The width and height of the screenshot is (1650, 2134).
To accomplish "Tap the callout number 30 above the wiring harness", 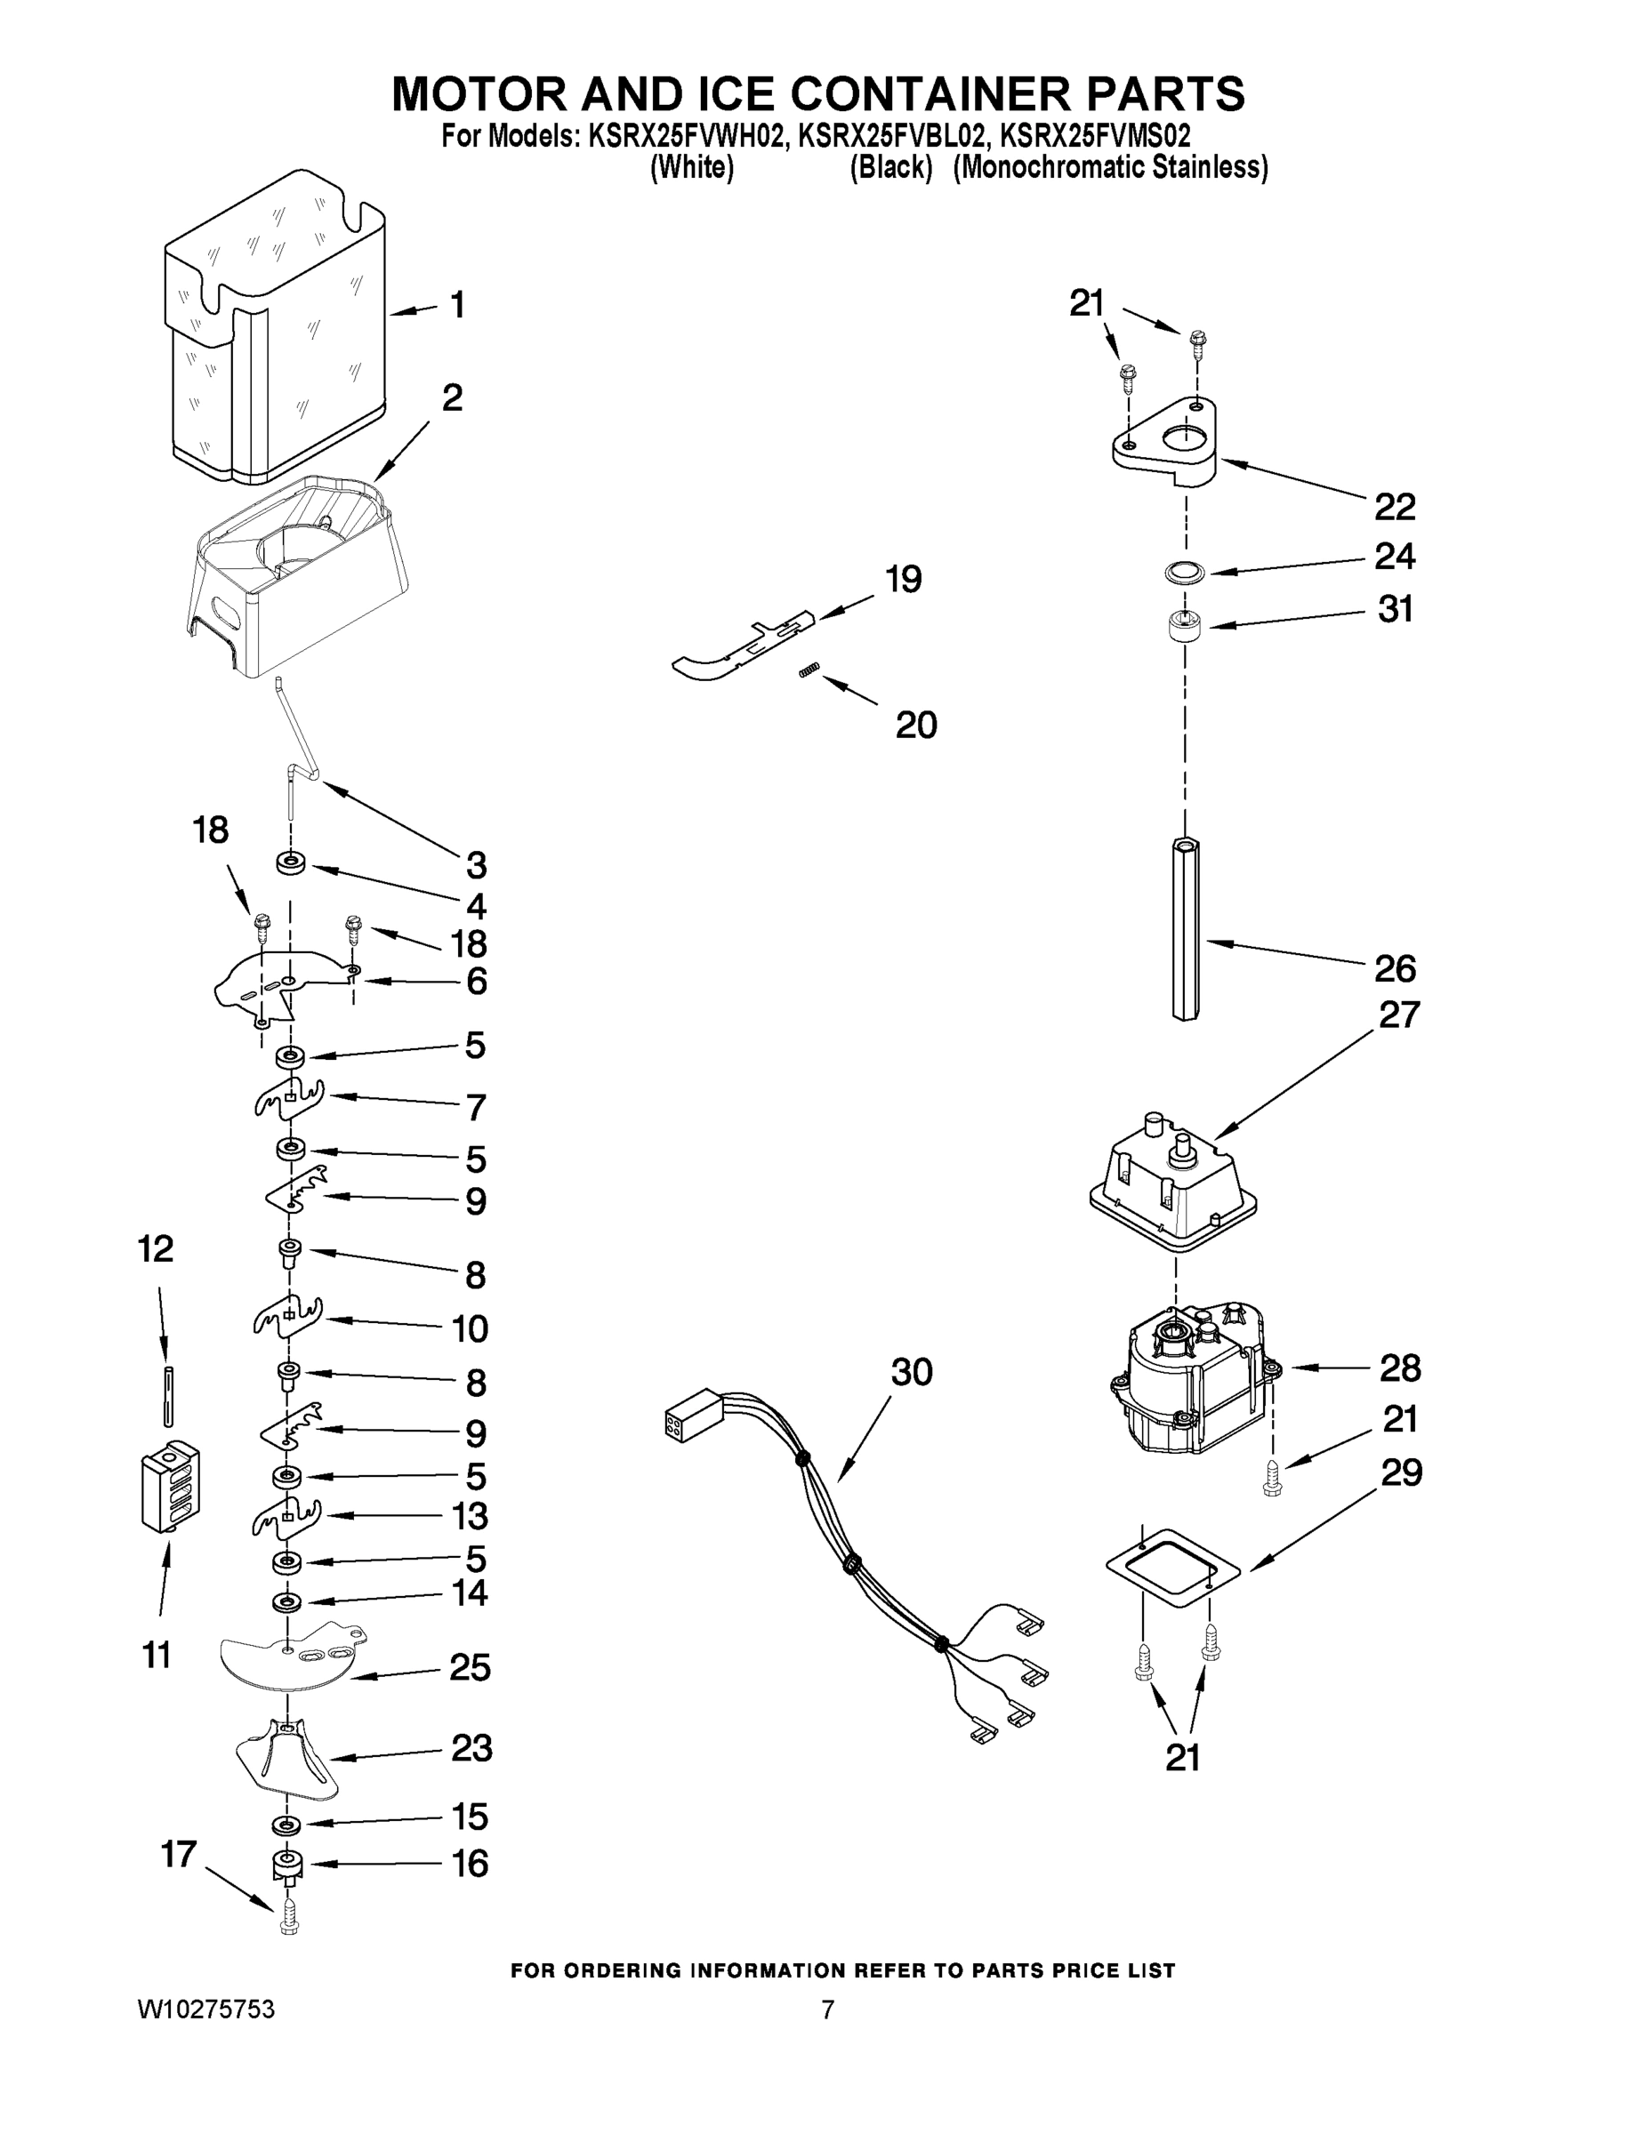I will pos(911,1372).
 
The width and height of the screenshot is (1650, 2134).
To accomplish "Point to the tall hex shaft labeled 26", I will pos(1185,928).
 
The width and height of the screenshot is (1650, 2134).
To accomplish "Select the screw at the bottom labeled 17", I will pos(288,1915).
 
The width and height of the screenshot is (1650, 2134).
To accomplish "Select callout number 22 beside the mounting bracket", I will pos(1394,507).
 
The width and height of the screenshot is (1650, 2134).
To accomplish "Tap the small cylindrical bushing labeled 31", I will pos(1185,625).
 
